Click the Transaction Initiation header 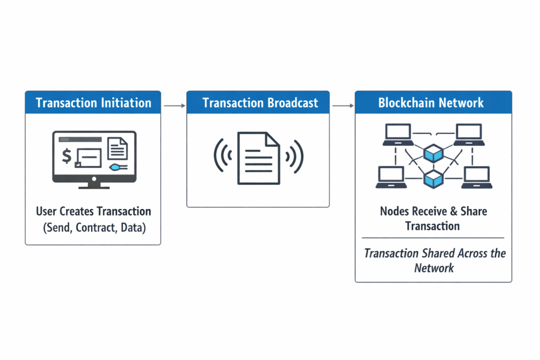pyautogui.click(x=93, y=102)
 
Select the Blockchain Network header pyautogui.click(x=431, y=102)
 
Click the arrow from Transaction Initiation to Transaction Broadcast pyautogui.click(x=174, y=106)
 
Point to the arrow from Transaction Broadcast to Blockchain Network pyautogui.click(x=343, y=106)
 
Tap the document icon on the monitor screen pyautogui.click(x=117, y=148)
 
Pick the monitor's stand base pyautogui.click(x=94, y=186)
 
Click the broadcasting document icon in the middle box pyautogui.click(x=258, y=158)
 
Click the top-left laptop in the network pyautogui.click(x=398, y=135)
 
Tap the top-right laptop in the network pyautogui.click(x=468, y=135)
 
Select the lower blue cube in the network pyautogui.click(x=433, y=178)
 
